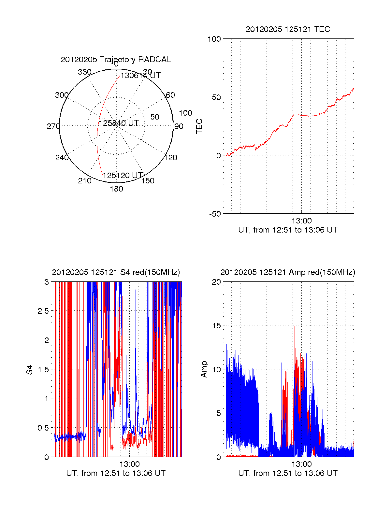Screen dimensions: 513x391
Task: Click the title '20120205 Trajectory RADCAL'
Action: click(116, 60)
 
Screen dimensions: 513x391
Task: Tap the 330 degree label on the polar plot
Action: click(85, 72)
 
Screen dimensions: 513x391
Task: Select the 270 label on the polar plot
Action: click(53, 126)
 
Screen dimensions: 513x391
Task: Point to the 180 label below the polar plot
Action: click(116, 189)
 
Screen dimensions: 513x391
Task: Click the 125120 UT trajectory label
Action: click(123, 176)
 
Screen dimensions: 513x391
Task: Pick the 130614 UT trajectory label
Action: click(140, 76)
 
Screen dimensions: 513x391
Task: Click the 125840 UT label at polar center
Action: click(119, 123)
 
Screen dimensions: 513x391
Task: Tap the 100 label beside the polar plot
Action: click(185, 113)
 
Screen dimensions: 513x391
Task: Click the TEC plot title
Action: click(288, 29)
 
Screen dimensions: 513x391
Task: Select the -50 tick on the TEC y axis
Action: click(215, 214)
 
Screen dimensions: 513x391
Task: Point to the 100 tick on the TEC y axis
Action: click(214, 39)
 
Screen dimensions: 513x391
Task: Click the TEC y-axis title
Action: click(199, 126)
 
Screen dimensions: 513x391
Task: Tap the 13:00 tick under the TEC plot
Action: click(301, 221)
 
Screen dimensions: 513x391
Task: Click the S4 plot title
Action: click(116, 272)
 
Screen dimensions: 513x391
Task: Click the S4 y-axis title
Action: click(30, 370)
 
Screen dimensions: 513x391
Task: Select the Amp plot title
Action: click(288, 272)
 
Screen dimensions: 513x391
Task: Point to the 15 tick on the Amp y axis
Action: click(216, 326)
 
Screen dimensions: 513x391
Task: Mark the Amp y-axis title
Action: click(204, 369)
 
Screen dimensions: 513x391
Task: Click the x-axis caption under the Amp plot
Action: click(288, 473)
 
